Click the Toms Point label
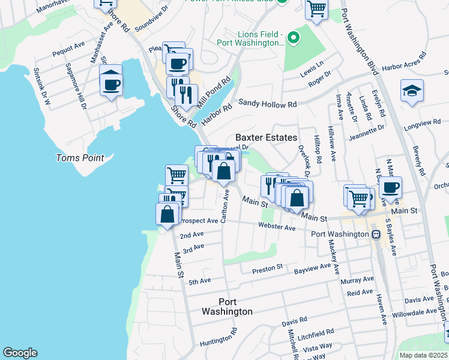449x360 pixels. pos(80,158)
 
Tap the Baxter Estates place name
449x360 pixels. pos(266,137)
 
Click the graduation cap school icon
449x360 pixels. pos(412,91)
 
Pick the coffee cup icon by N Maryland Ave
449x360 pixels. pos(390,187)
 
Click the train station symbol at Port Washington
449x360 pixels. pos(376,234)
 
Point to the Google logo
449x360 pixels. pos(20,352)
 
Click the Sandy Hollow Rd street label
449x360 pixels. pos(268,104)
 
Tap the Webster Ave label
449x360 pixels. pos(277,227)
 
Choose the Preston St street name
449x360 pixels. pos(268,266)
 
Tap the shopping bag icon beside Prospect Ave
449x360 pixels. pos(167,214)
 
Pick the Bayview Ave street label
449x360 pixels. pos(312,269)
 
